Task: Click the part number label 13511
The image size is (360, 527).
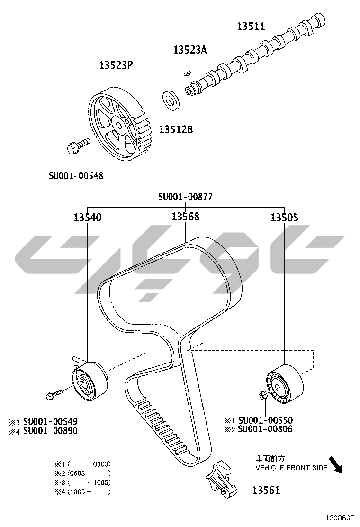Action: click(x=251, y=26)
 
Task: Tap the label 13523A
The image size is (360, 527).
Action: click(x=190, y=50)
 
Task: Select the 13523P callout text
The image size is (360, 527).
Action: click(x=116, y=65)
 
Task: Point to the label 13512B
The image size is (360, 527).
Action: click(x=176, y=129)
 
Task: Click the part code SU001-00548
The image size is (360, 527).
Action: click(x=76, y=175)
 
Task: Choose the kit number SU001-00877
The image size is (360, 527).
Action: click(x=185, y=197)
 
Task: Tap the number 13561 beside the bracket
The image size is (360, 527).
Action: click(x=266, y=491)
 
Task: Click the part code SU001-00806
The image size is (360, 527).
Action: click(x=265, y=429)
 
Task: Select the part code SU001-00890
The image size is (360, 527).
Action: click(x=50, y=430)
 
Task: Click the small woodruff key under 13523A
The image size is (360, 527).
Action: click(x=188, y=72)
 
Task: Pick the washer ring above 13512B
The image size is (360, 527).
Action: click(x=171, y=99)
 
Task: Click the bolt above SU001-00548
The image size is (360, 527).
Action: click(x=78, y=145)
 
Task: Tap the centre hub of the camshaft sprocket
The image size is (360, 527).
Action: click(x=118, y=125)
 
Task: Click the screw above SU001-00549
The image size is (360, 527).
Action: click(x=55, y=393)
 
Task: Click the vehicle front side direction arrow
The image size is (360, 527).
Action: click(x=335, y=465)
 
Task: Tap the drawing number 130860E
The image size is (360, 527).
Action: click(x=340, y=517)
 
